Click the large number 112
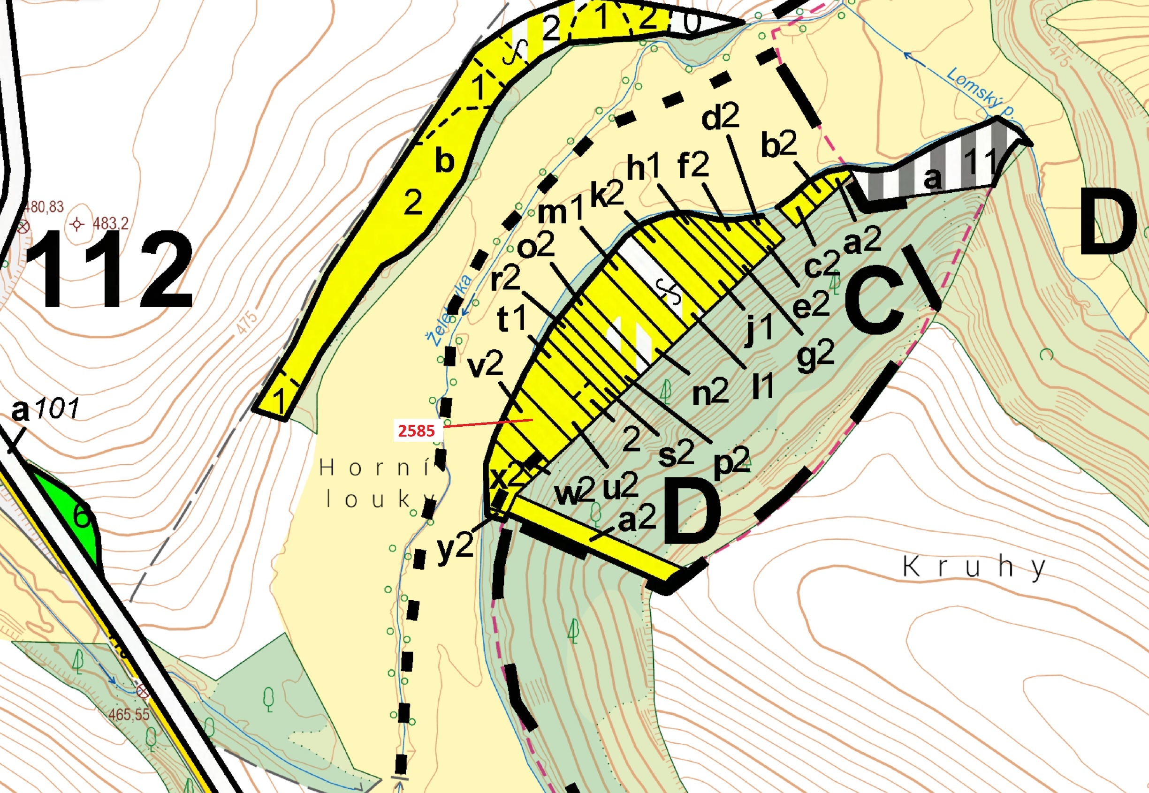coord(109,271)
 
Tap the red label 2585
coord(417,430)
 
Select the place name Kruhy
coord(974,567)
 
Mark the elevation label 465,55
coord(129,715)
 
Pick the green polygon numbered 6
coord(82,517)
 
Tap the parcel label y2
coord(455,549)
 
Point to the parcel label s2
coord(676,453)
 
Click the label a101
coord(45,410)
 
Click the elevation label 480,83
coord(44,207)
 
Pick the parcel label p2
coord(731,463)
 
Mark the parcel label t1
coord(512,319)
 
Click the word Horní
coord(376,468)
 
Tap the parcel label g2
coord(815,356)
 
